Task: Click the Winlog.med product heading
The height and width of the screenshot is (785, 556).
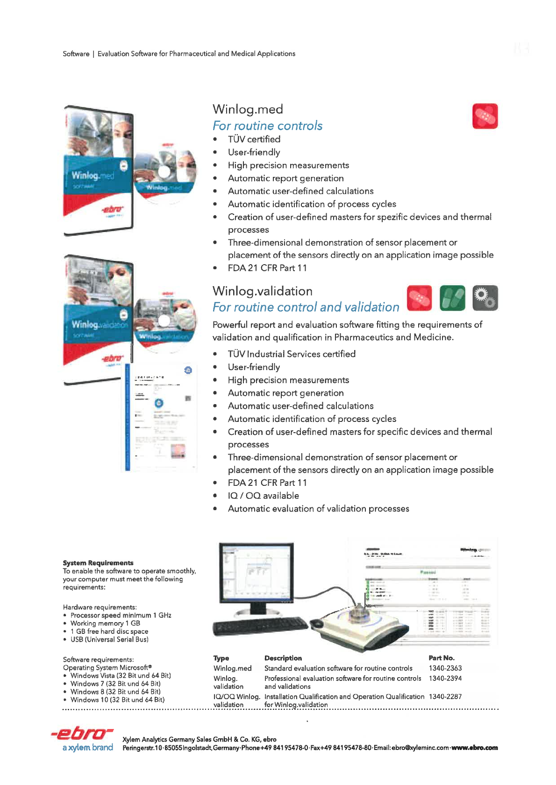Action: pyautogui.click(x=248, y=109)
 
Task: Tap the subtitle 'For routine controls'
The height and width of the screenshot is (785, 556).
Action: pyautogui.click(x=267, y=126)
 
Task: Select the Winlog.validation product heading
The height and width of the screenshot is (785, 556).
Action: pyautogui.click(x=262, y=291)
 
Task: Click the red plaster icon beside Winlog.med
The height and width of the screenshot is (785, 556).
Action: pyautogui.click(x=485, y=116)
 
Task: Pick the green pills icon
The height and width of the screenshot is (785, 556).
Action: pyautogui.click(x=452, y=298)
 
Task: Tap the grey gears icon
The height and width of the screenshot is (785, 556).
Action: pyautogui.click(x=485, y=298)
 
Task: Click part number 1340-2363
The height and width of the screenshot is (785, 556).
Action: pyautogui.click(x=445, y=668)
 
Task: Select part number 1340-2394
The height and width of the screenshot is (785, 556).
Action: pyautogui.click(x=445, y=679)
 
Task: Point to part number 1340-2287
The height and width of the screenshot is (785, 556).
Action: pyautogui.click(x=445, y=697)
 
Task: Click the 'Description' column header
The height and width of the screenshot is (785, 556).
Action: pyautogui.click(x=283, y=658)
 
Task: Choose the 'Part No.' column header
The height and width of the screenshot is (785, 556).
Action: pyautogui.click(x=441, y=658)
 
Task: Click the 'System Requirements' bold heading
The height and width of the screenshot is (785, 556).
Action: pyautogui.click(x=98, y=563)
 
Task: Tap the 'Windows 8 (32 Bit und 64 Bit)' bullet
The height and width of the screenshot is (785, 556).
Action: pyautogui.click(x=115, y=692)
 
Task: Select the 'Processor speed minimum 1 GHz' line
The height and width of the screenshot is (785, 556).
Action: pyautogui.click(x=121, y=615)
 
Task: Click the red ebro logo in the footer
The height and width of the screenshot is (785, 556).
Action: pyautogui.click(x=82, y=734)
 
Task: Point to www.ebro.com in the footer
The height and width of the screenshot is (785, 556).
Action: pyautogui.click(x=474, y=748)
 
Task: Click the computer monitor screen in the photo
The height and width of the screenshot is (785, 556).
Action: pyautogui.click(x=256, y=573)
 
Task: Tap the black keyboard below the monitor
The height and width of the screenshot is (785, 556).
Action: pyautogui.click(x=259, y=626)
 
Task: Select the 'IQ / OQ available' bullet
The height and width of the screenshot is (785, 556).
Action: pyautogui.click(x=263, y=496)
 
